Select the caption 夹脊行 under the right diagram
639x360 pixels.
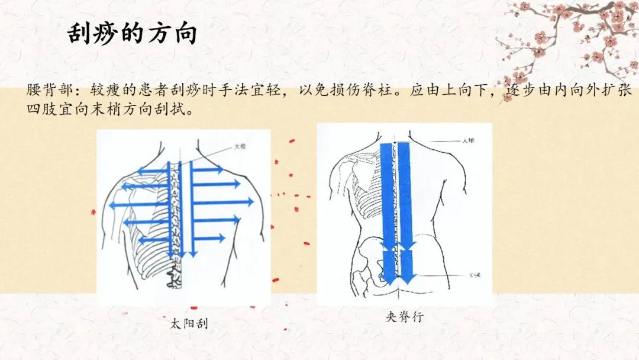[x=404, y=317]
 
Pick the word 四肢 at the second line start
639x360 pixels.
[x=40, y=110]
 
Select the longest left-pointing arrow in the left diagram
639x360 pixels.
[x=139, y=205]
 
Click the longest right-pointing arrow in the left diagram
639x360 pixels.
[x=222, y=202]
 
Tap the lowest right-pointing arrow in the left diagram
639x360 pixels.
[x=209, y=238]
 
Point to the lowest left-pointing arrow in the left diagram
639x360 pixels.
[x=154, y=240]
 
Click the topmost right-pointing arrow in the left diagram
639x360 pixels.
[x=207, y=170]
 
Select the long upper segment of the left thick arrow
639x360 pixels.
[x=386, y=195]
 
